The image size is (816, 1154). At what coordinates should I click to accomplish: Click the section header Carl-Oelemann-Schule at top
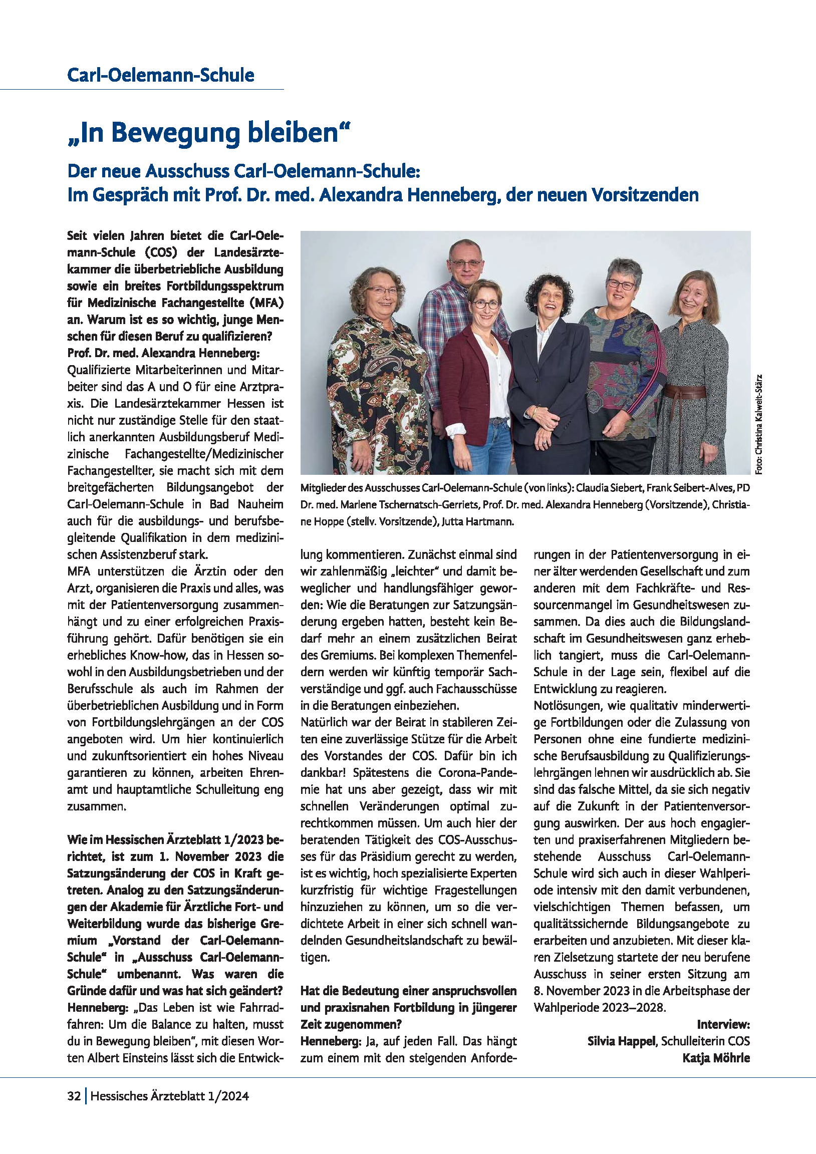(160, 76)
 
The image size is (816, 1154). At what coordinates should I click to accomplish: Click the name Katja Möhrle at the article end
(715, 1058)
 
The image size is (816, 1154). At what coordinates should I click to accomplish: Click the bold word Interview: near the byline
(723, 1024)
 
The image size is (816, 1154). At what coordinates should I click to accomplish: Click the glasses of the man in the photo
(465, 262)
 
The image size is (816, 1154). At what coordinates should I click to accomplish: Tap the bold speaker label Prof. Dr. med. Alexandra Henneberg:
(163, 353)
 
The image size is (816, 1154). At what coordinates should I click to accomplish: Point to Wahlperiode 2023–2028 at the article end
(599, 1007)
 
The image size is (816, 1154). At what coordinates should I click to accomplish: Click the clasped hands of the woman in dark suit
(546, 416)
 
